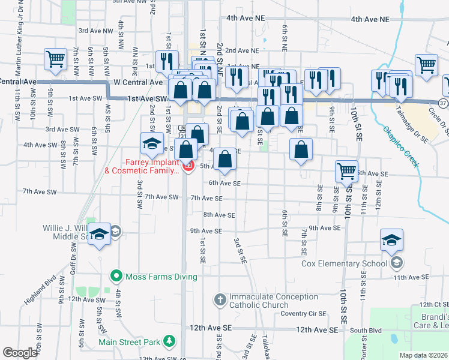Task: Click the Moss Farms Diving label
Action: pyautogui.click(x=160, y=277)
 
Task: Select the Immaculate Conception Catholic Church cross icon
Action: pyautogui.click(x=220, y=299)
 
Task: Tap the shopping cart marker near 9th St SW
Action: pyautogui.click(x=55, y=60)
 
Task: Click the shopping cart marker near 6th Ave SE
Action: pyautogui.click(x=347, y=172)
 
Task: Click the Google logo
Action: pyautogui.click(x=20, y=353)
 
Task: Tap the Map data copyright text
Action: pyautogui.click(x=424, y=355)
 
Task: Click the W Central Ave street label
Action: pyautogui.click(x=138, y=82)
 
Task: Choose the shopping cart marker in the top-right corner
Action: pyautogui.click(x=426, y=65)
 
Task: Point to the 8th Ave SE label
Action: pyautogui.click(x=218, y=214)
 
